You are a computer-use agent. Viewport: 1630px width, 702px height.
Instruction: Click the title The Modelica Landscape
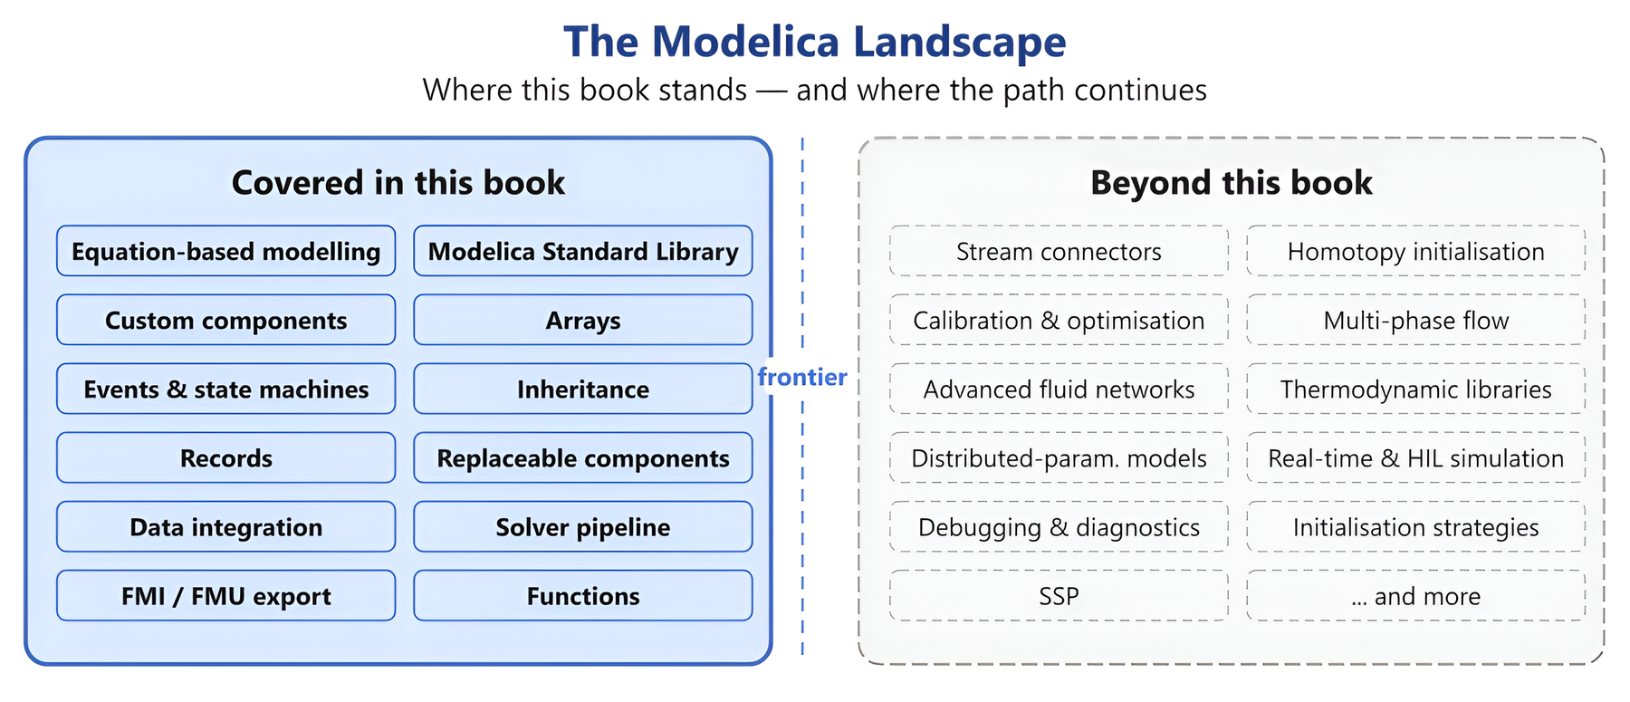(815, 42)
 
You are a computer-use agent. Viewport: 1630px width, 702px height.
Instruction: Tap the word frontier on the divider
(802, 377)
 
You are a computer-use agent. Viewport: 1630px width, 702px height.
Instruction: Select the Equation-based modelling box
(226, 251)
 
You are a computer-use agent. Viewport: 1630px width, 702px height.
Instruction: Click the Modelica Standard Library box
(583, 251)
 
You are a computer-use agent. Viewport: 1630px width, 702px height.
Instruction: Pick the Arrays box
(583, 320)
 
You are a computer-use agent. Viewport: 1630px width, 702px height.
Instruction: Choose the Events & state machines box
(226, 389)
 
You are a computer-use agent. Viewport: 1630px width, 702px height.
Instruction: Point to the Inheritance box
(583, 389)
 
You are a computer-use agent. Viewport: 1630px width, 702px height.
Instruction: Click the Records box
(226, 457)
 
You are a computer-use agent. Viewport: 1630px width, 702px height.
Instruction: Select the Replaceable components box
(583, 457)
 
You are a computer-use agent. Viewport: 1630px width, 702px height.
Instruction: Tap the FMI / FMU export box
(226, 595)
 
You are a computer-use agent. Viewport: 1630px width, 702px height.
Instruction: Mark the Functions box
(583, 595)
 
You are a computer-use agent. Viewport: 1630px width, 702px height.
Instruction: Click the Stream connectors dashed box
(1059, 251)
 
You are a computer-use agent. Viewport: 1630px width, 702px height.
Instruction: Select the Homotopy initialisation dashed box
(1416, 251)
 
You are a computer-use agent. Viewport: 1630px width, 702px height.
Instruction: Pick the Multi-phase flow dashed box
(1416, 320)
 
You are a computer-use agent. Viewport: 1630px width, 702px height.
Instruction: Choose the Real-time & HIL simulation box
(1416, 457)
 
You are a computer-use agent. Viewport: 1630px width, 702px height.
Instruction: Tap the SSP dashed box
(1059, 595)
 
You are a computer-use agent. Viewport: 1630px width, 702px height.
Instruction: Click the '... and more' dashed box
(1416, 595)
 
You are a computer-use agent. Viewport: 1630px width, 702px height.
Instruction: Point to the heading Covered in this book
(398, 183)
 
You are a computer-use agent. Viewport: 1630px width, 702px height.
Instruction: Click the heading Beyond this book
(1232, 183)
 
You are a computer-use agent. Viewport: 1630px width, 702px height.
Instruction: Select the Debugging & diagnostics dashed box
(1059, 526)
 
